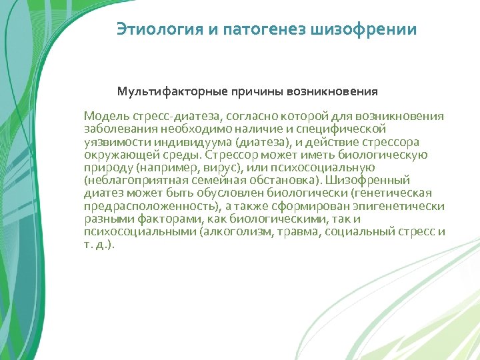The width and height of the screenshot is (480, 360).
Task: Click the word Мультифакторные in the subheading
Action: (171, 91)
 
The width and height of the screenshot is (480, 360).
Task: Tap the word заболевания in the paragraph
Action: (117, 129)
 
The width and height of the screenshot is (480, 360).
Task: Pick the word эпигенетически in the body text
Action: (406, 205)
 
